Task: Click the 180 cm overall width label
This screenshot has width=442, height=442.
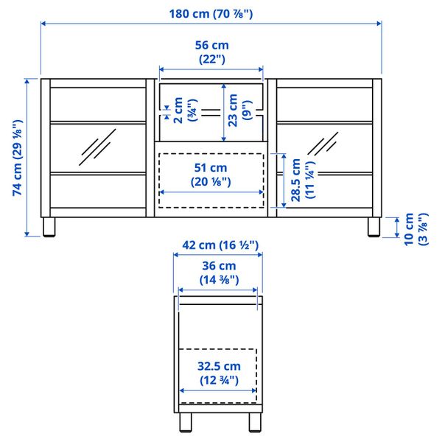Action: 211,13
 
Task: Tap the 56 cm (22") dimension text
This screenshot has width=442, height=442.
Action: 211,52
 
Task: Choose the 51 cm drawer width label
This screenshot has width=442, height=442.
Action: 211,175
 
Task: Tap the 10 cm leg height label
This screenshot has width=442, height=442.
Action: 415,228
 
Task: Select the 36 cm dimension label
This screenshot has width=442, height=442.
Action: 217,272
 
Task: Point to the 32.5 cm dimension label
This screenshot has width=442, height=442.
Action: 217,373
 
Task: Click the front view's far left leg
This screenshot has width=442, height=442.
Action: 49,227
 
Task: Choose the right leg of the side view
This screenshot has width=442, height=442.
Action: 253,424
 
